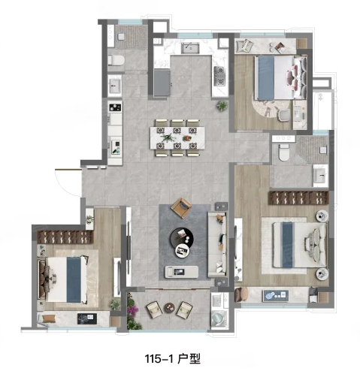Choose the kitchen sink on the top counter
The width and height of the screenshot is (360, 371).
pyautogui.click(x=190, y=50)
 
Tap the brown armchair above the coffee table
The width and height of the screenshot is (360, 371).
pyautogui.click(x=182, y=205)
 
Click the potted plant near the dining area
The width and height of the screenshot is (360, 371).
pyautogui.click(x=222, y=107)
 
